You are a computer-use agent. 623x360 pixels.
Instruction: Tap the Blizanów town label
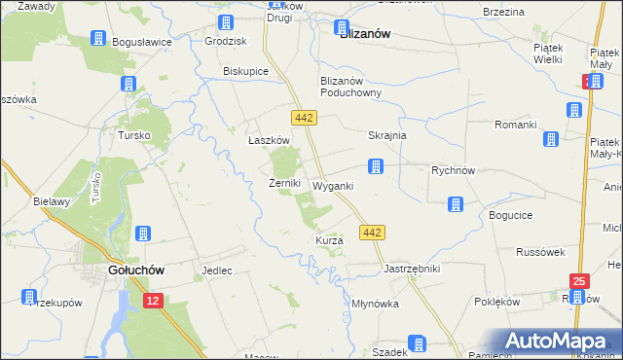(x=364, y=33)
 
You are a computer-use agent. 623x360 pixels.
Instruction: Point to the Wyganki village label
(x=333, y=185)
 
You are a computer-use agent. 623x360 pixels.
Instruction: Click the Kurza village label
(x=329, y=240)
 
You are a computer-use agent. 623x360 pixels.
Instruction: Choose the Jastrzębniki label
(x=413, y=268)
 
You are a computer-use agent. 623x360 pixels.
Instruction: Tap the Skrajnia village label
(x=387, y=136)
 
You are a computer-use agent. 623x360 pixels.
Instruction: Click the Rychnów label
(x=453, y=169)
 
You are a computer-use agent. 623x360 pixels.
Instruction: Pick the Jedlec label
(x=216, y=270)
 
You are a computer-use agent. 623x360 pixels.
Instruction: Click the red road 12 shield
(x=151, y=303)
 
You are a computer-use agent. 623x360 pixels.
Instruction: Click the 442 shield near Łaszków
(x=302, y=117)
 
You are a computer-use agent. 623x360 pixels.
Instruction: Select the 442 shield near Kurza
(x=372, y=232)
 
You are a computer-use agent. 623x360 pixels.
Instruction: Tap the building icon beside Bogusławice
(x=99, y=39)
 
